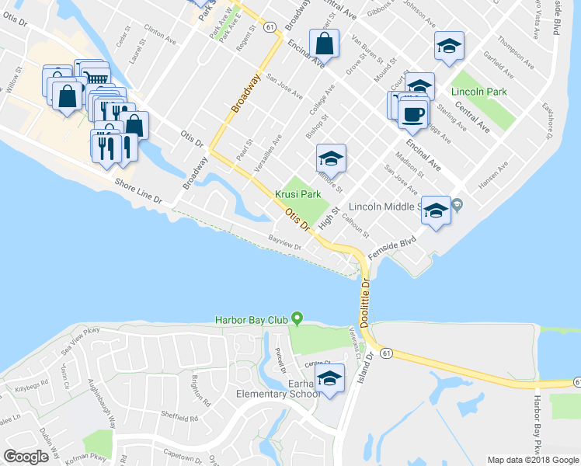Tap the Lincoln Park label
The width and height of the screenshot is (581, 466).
[480, 79]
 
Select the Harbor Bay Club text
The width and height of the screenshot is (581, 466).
[251, 319]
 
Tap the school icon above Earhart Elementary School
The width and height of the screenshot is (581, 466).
[331, 378]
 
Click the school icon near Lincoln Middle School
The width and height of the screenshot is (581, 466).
[436, 210]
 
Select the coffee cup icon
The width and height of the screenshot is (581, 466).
[412, 113]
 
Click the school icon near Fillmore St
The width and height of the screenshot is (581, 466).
[331, 159]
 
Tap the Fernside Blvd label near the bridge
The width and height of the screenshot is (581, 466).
[398, 246]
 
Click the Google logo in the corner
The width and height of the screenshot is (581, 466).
[26, 456]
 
